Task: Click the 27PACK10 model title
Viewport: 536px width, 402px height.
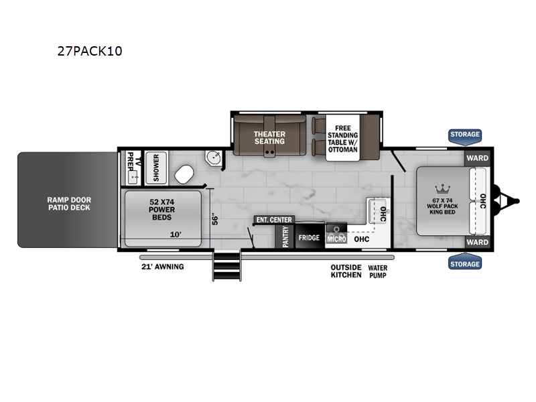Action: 90,51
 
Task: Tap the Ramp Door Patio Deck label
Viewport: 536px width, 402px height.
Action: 69,204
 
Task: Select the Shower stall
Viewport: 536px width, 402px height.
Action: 156,167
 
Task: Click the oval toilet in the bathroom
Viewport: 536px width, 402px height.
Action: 184,174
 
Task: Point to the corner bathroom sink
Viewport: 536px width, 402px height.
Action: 214,158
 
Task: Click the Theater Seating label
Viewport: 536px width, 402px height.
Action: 269,138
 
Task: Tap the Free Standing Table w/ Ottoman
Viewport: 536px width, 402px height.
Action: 342,139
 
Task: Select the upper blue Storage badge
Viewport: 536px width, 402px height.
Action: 464,135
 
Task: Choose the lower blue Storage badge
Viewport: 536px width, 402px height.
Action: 464,263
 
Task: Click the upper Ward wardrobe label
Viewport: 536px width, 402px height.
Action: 477,158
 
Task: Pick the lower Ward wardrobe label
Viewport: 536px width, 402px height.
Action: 477,242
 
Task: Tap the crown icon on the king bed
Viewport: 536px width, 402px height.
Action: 443,189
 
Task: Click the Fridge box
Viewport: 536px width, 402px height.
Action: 310,237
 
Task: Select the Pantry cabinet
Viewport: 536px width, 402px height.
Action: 285,237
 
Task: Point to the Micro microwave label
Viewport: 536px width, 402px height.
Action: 337,239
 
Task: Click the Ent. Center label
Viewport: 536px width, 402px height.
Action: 274,220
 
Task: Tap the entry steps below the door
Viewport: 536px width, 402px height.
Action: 226,265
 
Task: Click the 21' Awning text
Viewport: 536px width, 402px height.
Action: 163,267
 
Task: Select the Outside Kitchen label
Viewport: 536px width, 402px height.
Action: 346,271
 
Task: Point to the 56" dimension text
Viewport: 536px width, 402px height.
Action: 214,220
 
